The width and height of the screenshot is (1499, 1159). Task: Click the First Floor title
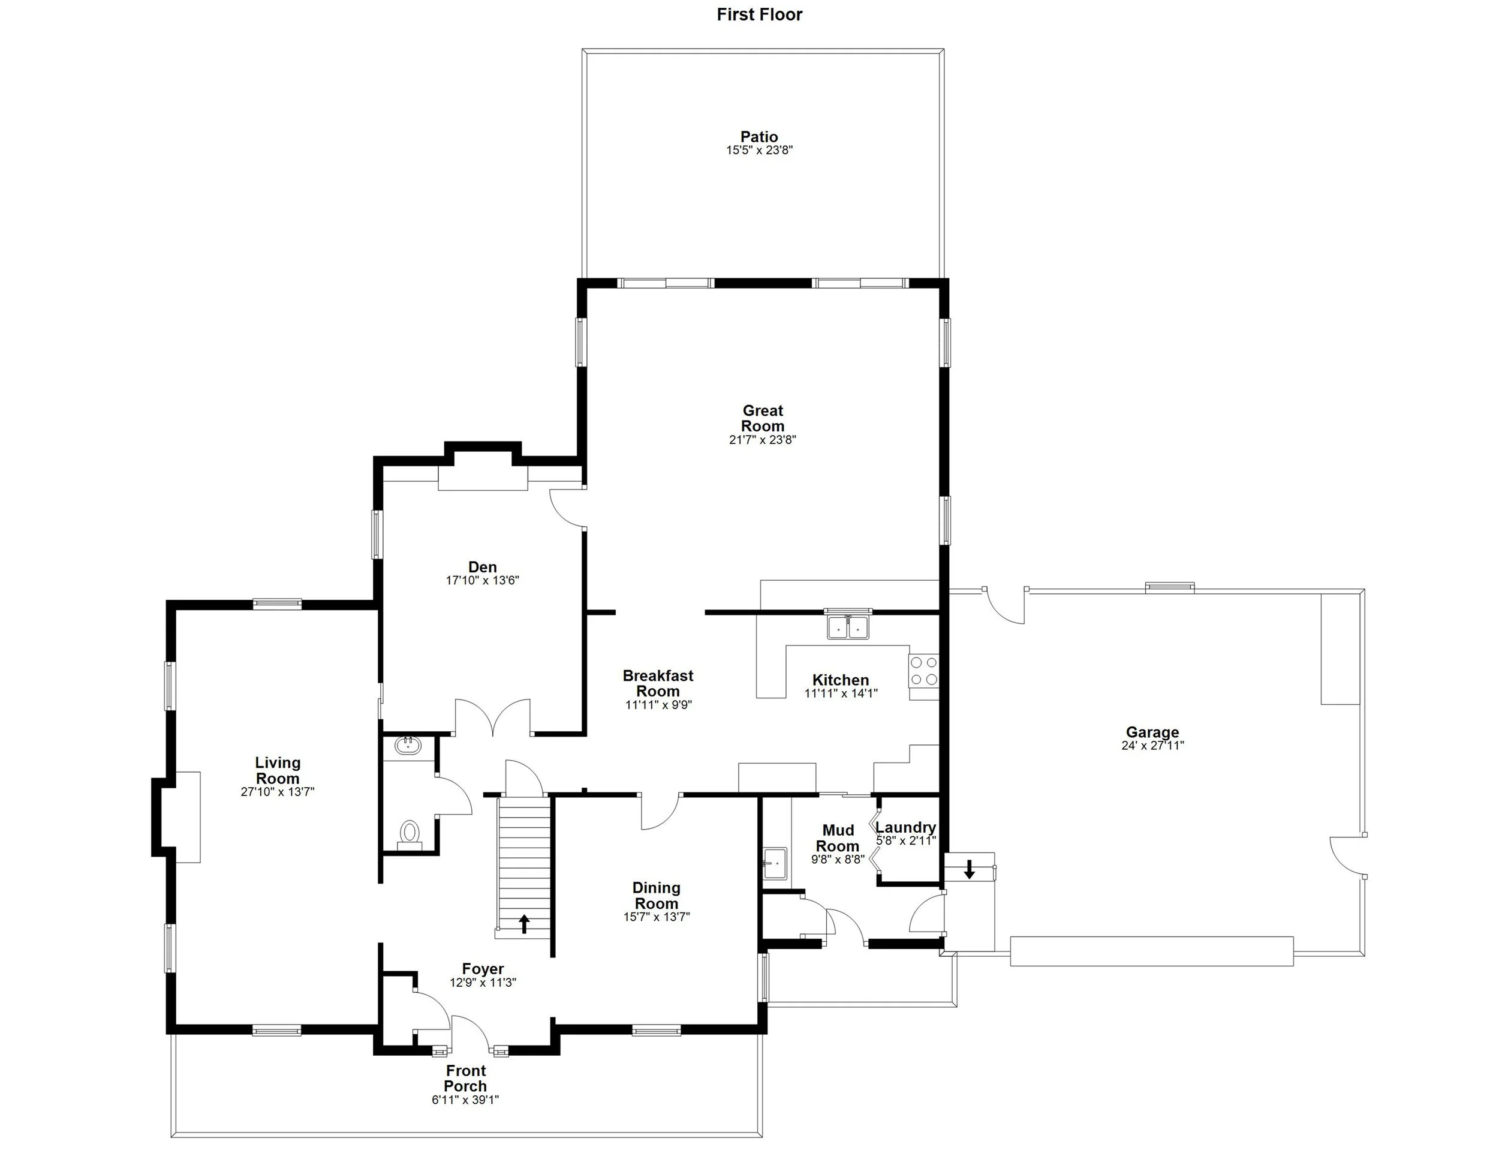coord(759,14)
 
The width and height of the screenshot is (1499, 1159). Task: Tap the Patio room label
coord(759,137)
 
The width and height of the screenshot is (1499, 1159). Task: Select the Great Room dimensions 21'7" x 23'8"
coord(763,440)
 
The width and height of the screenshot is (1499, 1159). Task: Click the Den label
coord(483,566)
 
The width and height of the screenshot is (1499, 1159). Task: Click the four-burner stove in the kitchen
coord(924,671)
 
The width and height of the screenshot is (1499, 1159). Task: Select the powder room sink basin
coord(408,746)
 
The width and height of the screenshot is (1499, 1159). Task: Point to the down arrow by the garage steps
coord(969,869)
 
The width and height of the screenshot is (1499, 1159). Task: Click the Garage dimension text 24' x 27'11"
coord(1152,746)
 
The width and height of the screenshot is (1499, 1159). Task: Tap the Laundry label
coord(905,827)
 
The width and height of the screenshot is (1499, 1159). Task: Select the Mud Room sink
coord(775,863)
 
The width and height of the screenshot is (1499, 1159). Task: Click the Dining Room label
coord(656,895)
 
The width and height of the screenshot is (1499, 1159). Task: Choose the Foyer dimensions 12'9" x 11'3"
coord(483,983)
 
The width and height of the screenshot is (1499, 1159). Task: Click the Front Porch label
coord(465,1078)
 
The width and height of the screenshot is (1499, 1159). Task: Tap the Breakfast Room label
coord(658,683)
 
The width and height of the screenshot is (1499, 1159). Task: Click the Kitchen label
coord(841,680)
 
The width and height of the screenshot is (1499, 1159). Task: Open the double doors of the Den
coord(493,717)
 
